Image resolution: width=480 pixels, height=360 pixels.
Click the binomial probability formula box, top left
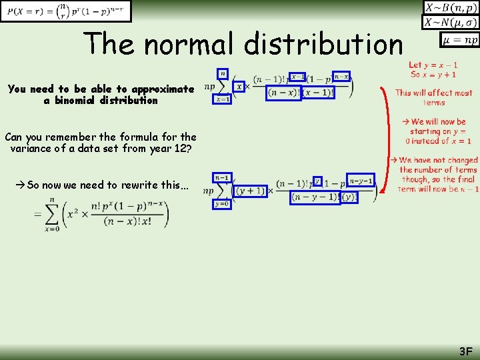pos(66,11)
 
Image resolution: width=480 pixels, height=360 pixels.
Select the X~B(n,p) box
pos(451,7)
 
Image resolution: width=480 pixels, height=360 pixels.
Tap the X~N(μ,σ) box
pos(451,22)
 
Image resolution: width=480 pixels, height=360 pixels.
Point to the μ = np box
pos(459,40)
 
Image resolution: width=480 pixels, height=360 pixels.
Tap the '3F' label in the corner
pos(465,351)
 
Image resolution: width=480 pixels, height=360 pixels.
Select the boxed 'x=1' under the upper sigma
pos(223,99)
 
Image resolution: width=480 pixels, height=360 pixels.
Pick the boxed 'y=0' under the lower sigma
pos(223,204)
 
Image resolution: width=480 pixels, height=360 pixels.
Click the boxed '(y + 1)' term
pos(249,191)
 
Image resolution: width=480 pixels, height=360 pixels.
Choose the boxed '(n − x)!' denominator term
pos(283,93)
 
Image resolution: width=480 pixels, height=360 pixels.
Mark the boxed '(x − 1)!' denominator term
pos(318,93)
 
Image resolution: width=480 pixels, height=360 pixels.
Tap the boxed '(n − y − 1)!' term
pos(315,197)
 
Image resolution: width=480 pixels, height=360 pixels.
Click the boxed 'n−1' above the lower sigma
pos(222,177)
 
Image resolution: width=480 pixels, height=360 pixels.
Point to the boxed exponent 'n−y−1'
pos(361,181)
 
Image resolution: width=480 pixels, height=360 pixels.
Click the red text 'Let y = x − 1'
pos(433,65)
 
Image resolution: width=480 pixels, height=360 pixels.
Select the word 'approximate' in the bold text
pos(163,89)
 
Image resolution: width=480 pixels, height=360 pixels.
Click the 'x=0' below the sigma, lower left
pos(51,229)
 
